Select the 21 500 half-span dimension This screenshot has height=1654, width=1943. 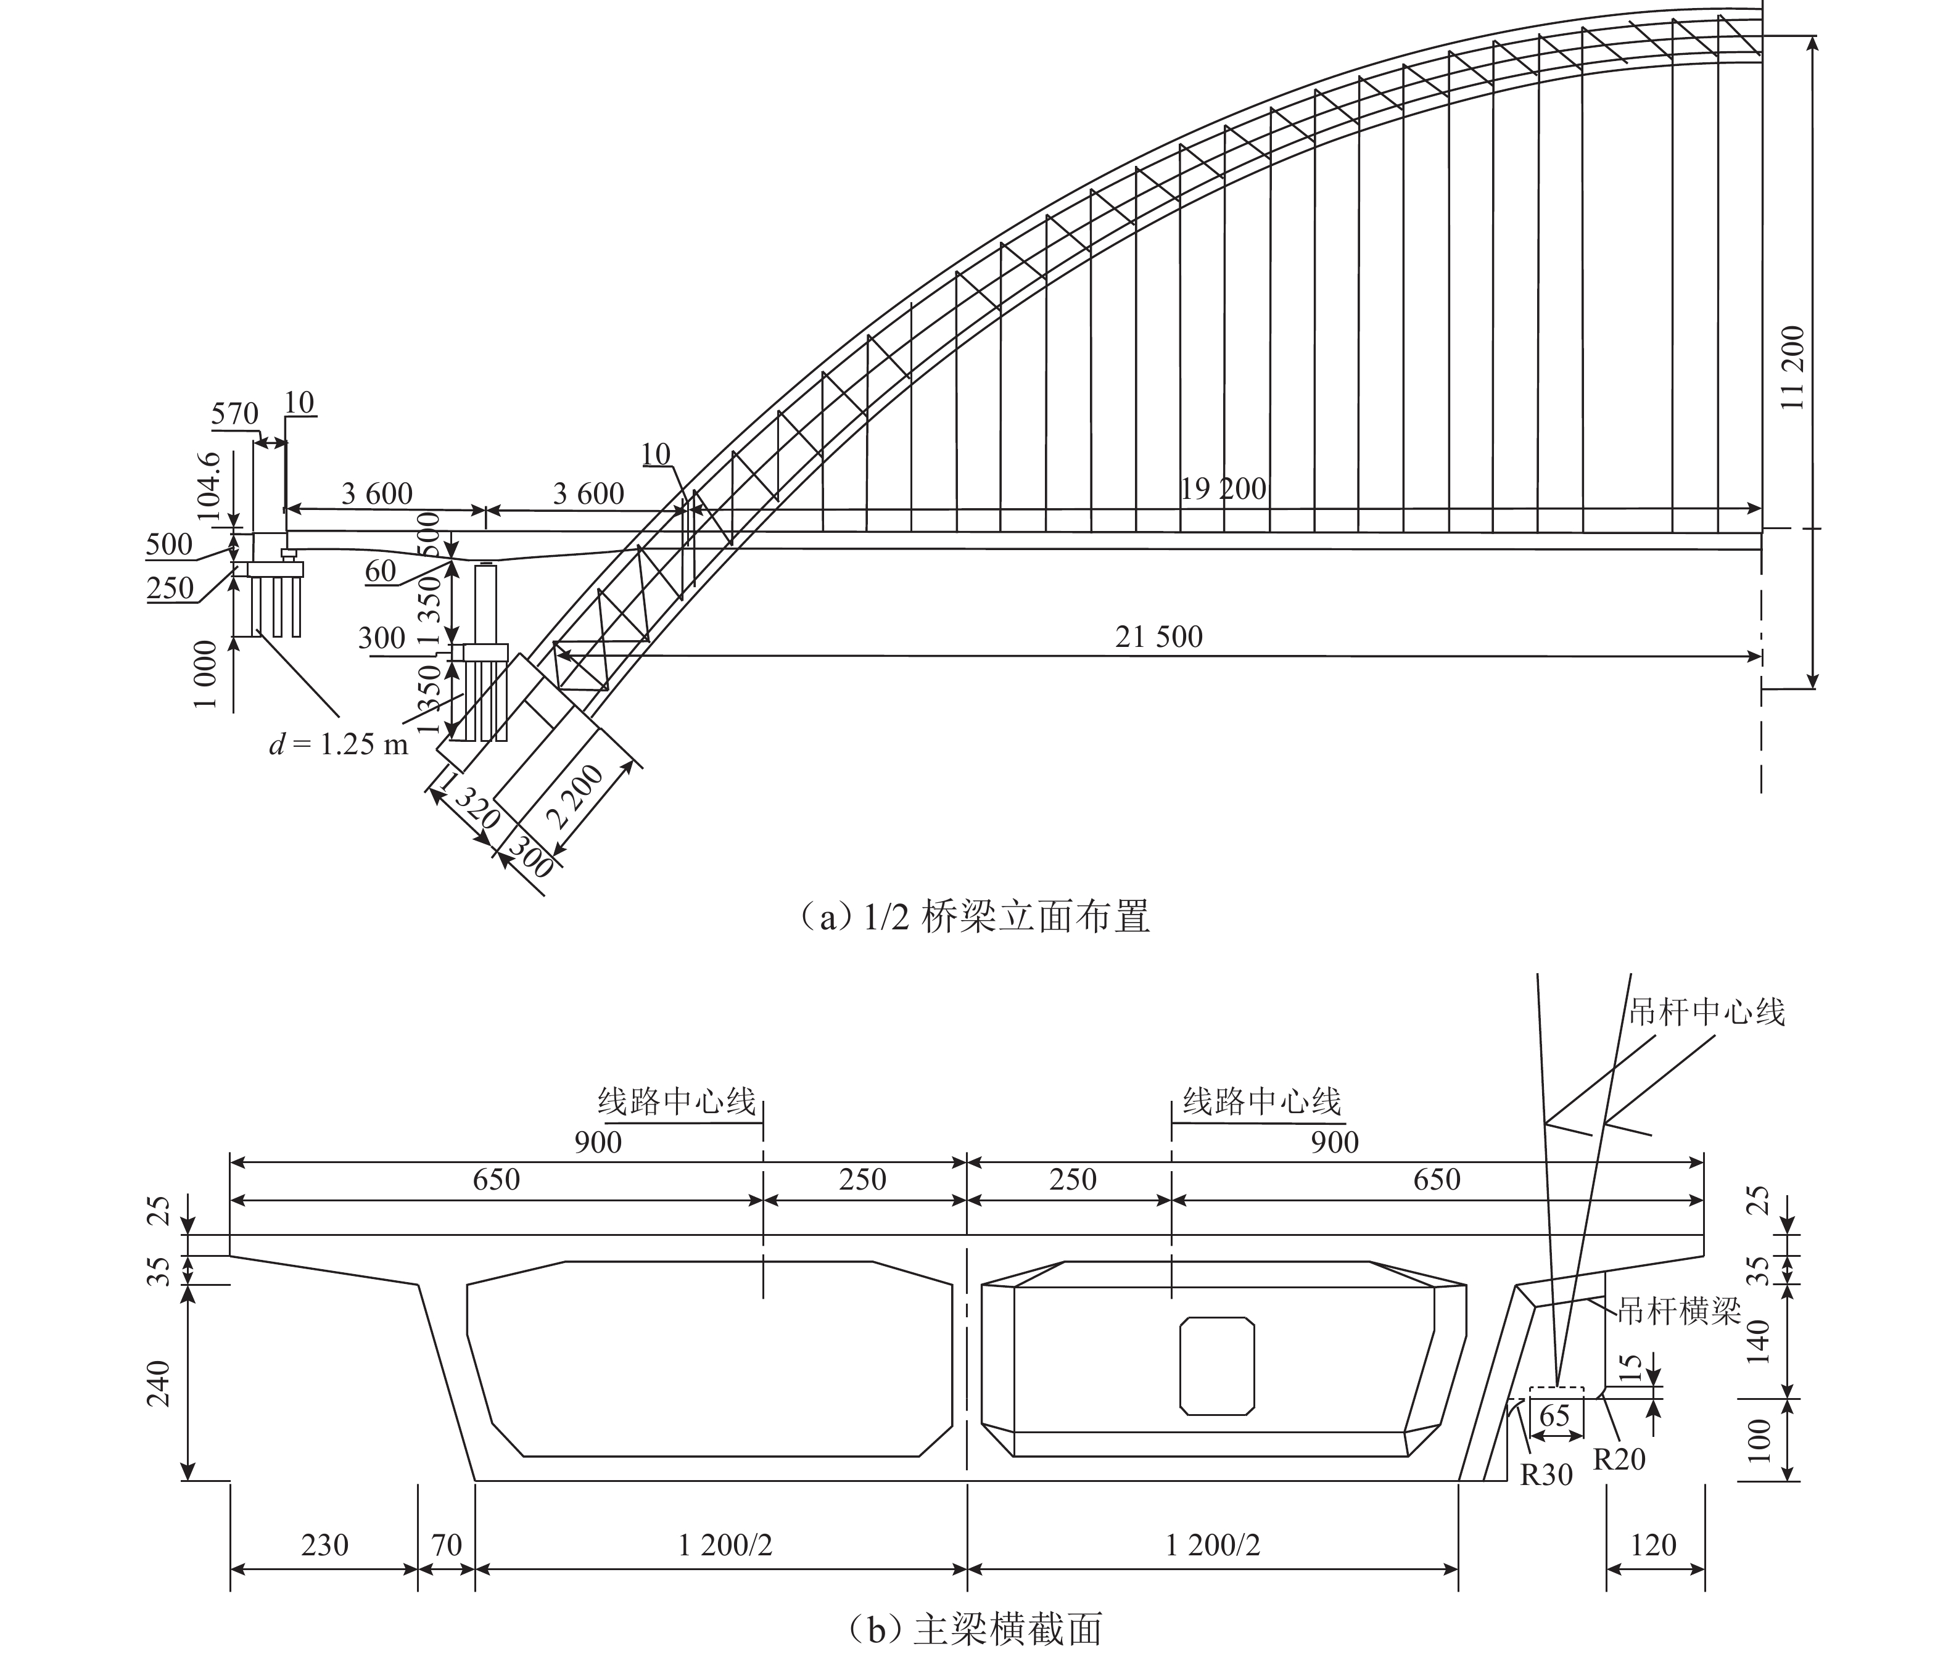click(1158, 638)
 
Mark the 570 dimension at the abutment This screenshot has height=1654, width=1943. click(234, 413)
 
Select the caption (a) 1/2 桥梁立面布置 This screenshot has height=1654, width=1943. click(973, 916)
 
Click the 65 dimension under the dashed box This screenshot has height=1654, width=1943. click(1555, 1415)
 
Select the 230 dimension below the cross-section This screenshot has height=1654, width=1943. click(324, 1544)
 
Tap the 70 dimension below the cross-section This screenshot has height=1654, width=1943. click(447, 1544)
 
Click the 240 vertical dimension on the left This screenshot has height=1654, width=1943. click(159, 1383)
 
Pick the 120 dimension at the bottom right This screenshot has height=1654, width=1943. click(1653, 1544)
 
